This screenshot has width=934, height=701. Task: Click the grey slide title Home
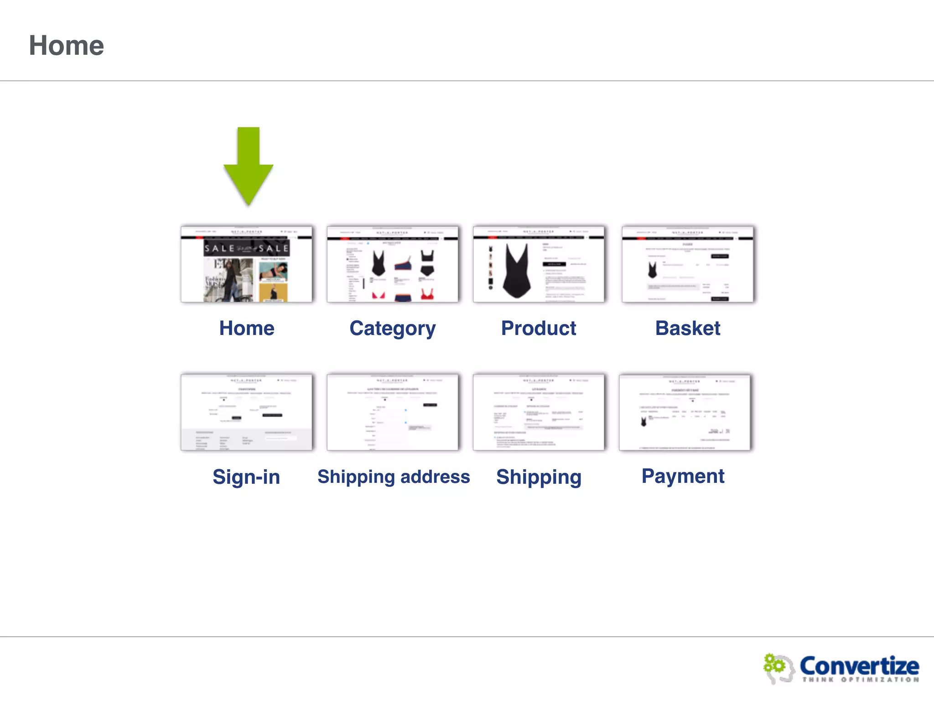point(67,46)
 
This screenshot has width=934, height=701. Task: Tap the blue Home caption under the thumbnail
point(247,328)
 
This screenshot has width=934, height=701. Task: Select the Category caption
point(393,329)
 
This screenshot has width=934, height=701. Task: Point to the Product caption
point(539,328)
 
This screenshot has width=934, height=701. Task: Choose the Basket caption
point(688,328)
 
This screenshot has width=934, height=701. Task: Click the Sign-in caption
point(246,477)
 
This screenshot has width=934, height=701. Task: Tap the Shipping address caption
point(394,476)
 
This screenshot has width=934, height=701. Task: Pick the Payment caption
point(683,476)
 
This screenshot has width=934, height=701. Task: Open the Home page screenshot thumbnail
point(247,264)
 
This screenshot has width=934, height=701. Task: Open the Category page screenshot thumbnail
point(393,264)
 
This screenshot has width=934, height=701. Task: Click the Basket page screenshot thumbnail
point(688,264)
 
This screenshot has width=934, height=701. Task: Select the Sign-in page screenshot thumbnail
point(247,412)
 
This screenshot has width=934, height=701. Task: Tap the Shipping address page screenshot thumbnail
point(393,412)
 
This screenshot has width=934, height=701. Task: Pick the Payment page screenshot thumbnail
point(685,412)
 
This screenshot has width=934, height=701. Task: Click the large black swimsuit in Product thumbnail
point(517,272)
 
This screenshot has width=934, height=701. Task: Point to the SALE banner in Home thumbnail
point(246,248)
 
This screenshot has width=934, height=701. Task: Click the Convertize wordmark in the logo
point(859,666)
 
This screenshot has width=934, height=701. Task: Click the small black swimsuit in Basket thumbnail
point(653,270)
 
